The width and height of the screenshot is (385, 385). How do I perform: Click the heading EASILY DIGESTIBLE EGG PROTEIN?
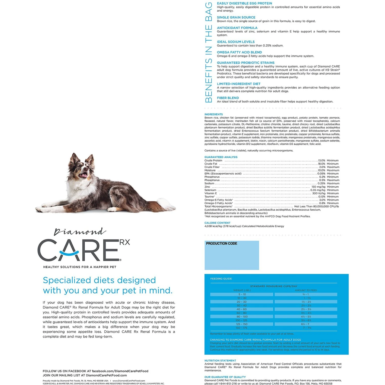click(244, 3)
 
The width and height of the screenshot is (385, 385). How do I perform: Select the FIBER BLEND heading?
click(228, 98)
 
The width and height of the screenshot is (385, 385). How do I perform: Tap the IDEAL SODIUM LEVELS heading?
click(236, 42)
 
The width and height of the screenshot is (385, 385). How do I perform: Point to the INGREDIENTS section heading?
click(214, 114)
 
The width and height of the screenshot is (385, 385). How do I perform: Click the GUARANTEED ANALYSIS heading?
click(221, 157)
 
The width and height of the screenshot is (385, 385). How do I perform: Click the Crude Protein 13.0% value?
click(322, 160)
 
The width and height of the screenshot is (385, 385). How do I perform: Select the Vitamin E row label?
click(210, 193)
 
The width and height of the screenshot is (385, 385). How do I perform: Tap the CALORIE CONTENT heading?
click(217, 223)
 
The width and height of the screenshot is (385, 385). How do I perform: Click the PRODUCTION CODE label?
click(222, 243)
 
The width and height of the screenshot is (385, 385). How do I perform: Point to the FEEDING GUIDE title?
click(221, 279)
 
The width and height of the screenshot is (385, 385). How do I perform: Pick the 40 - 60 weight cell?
click(242, 309)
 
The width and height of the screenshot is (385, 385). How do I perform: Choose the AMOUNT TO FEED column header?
click(306, 290)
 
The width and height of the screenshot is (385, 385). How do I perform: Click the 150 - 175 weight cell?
click(242, 328)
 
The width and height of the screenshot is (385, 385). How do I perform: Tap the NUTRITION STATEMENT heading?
click(220, 361)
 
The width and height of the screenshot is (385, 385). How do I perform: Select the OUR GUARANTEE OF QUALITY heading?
click(225, 377)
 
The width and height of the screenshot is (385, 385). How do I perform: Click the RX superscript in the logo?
click(125, 242)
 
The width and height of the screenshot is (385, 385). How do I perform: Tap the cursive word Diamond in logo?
click(80, 232)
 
